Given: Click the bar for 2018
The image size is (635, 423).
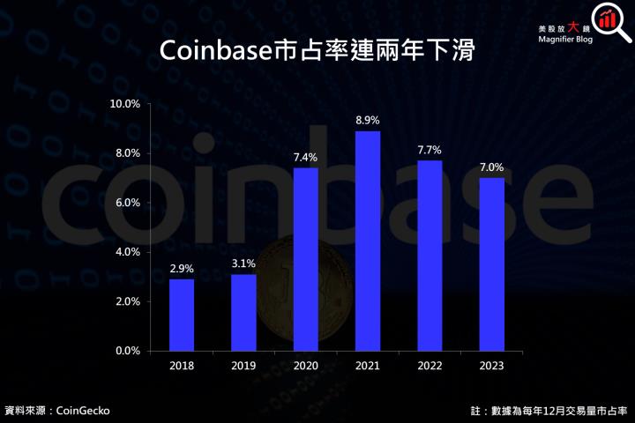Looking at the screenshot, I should (x=182, y=315).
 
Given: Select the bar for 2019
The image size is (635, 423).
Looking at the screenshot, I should (x=243, y=312).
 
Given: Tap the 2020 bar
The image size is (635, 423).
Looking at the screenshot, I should (x=305, y=259).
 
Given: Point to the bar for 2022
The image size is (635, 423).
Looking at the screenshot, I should (x=429, y=256).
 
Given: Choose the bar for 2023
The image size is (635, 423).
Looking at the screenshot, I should (x=490, y=264).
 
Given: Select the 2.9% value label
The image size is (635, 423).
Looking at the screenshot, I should (x=182, y=268).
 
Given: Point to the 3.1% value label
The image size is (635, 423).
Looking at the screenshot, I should (x=243, y=263).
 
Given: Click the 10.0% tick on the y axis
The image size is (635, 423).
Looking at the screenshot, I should (x=124, y=104).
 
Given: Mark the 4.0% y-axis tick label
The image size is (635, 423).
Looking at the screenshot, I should (x=127, y=252).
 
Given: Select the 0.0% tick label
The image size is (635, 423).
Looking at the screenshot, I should (x=127, y=351).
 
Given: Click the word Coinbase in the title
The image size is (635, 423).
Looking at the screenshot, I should (x=213, y=51).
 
